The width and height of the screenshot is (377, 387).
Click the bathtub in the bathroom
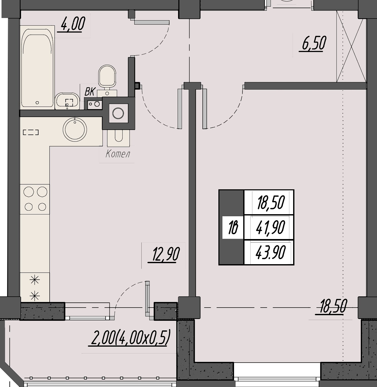click(38, 68)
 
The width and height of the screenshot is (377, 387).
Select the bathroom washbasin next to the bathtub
click(67, 101)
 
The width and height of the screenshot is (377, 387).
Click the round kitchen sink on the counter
click(75, 130)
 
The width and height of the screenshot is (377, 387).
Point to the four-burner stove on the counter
click(35, 199)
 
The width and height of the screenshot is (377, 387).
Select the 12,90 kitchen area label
click(164, 255)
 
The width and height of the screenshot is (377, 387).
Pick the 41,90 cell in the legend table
click(270, 227)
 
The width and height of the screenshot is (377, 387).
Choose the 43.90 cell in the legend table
click(270, 252)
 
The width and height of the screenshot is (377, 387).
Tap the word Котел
click(118, 154)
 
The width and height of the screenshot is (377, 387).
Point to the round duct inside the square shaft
click(118, 113)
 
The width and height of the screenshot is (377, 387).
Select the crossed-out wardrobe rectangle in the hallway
click(352, 46)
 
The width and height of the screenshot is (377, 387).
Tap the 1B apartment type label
click(233, 227)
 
